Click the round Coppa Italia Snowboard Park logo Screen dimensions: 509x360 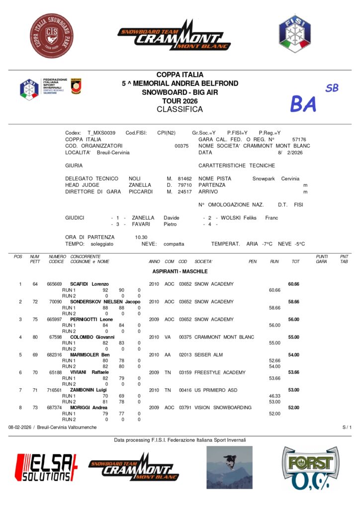pyautogui.click(x=52, y=36)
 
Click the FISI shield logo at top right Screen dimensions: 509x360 pyautogui.click(x=294, y=33)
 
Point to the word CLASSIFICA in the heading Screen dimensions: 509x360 pyautogui.click(x=180, y=109)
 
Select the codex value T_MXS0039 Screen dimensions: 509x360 pyautogui.click(x=101, y=133)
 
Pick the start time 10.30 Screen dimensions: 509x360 pyautogui.click(x=141, y=237)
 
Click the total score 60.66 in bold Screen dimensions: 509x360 pyautogui.click(x=293, y=284)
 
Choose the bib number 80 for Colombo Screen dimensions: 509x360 pyautogui.click(x=35, y=337)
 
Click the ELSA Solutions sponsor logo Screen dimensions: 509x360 pyautogui.click(x=46, y=467)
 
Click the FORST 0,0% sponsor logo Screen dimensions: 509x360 pyautogui.click(x=310, y=468)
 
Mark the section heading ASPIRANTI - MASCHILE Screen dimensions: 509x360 pyautogui.click(x=180, y=271)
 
